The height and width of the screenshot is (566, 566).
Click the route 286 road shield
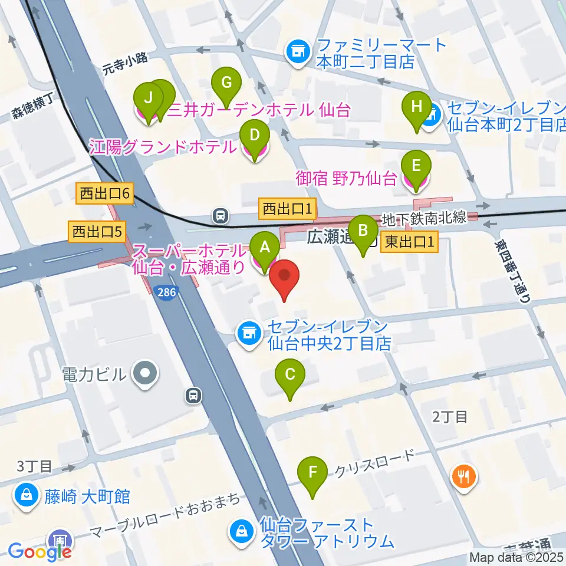click(x=167, y=292)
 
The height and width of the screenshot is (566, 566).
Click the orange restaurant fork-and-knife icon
click(x=464, y=475)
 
